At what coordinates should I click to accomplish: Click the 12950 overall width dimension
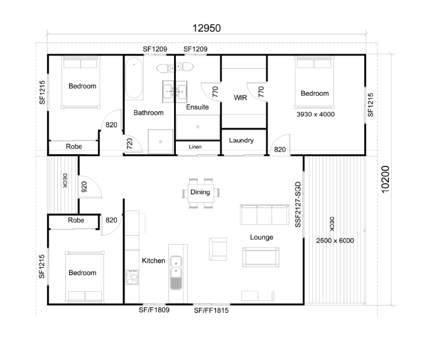click(x=207, y=28)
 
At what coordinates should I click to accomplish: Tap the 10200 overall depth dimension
click(x=385, y=179)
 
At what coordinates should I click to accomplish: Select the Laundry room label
click(x=241, y=140)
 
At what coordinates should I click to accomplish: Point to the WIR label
click(x=241, y=97)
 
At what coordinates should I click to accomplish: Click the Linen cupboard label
click(x=195, y=147)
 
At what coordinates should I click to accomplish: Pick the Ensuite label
click(x=197, y=107)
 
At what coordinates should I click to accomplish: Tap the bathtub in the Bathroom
click(x=134, y=78)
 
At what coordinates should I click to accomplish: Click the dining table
click(x=201, y=193)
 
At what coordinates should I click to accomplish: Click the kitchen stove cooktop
click(x=132, y=277)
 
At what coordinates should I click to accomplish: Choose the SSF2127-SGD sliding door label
click(x=298, y=205)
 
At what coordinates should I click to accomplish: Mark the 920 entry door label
click(x=84, y=187)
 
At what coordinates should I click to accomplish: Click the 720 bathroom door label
click(x=129, y=143)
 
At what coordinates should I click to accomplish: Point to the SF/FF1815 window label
click(x=211, y=310)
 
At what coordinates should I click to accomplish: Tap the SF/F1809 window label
click(x=154, y=310)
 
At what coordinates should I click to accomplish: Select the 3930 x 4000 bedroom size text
click(x=316, y=114)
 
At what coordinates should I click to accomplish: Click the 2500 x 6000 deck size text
click(x=335, y=241)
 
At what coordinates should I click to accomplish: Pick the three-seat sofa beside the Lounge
click(x=264, y=214)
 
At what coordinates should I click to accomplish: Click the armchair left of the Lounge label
click(x=218, y=249)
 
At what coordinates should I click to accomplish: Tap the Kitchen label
click(x=154, y=260)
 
